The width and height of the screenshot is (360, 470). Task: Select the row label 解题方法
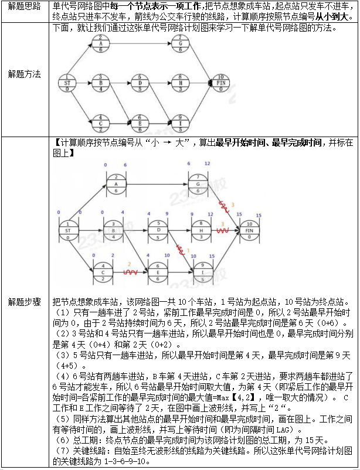pos(24,74)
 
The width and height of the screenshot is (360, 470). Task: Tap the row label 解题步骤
pos(24,301)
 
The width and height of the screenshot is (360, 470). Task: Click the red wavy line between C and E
pos(133,273)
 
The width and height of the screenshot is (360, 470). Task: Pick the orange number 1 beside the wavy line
pos(189,250)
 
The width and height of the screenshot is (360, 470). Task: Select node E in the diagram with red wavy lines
pos(158,273)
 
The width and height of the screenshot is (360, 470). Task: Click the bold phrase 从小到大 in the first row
pos(331,17)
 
